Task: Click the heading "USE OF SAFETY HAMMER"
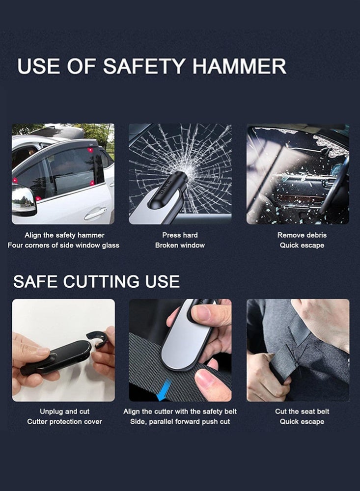click(152, 66)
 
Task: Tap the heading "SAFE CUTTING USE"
click(96, 281)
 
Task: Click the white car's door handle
click(95, 213)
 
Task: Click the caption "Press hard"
click(180, 235)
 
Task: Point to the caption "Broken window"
click(180, 245)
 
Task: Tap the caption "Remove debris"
click(302, 235)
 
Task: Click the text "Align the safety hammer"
click(64, 235)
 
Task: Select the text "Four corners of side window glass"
click(63, 245)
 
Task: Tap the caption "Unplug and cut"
click(64, 411)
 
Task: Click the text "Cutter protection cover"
click(64, 421)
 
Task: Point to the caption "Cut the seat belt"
click(302, 411)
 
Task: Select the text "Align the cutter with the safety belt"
click(180, 411)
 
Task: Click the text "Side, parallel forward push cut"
click(180, 421)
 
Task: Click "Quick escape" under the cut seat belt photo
click(302, 421)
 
